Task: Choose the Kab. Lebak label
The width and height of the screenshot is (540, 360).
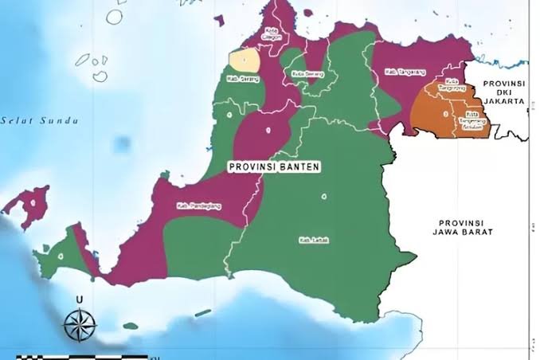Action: [x=315, y=240]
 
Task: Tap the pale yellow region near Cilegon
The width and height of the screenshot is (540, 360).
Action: [x=245, y=60]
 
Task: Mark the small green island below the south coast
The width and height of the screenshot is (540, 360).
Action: [x=202, y=313]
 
